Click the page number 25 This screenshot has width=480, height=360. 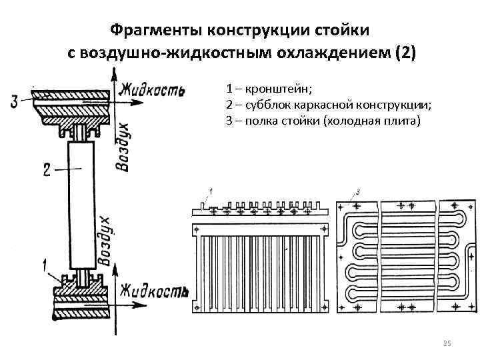click(x=447, y=343)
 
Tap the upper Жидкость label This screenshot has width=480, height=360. click(x=151, y=89)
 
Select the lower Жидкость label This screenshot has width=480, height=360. click(x=153, y=291)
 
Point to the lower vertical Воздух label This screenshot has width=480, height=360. click(x=105, y=241)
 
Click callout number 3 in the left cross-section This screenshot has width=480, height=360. click(x=14, y=101)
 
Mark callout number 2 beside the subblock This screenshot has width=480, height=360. click(x=47, y=171)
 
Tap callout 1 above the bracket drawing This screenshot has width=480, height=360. click(x=211, y=191)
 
